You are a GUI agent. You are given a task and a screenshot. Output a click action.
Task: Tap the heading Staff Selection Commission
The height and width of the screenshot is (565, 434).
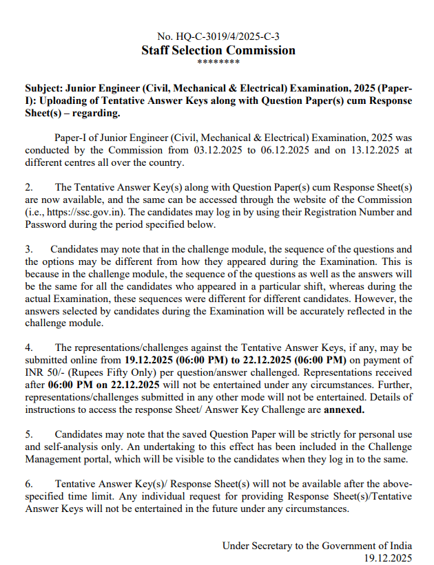[218, 50]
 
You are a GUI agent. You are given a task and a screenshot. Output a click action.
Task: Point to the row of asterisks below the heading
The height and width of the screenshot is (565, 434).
[218, 63]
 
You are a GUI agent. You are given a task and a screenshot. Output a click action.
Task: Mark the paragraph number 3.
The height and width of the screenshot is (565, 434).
[29, 248]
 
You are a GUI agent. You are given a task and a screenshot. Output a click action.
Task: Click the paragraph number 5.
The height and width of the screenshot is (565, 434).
[29, 435]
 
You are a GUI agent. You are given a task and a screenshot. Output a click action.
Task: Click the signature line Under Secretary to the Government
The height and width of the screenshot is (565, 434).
[317, 546]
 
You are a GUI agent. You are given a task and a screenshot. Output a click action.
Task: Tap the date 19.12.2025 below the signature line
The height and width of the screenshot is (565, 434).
[388, 557]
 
